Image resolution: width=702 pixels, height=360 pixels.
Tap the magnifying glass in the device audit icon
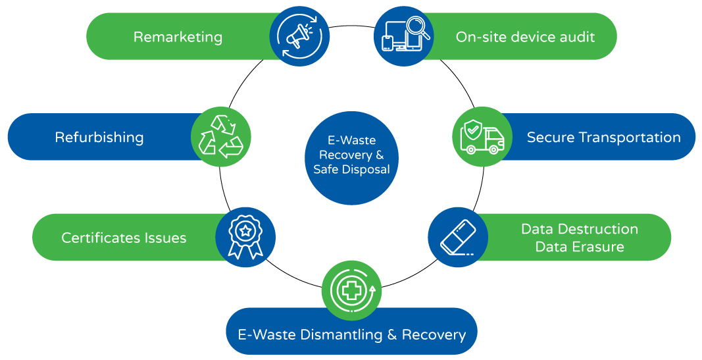[x=418, y=28]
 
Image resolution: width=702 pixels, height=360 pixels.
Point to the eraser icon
[x=457, y=238]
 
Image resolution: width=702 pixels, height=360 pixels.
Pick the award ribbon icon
[x=245, y=237]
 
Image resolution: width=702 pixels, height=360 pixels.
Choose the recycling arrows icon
[x=220, y=137]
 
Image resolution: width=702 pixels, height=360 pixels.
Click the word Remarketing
[x=178, y=37]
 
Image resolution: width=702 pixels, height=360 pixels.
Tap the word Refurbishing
[x=99, y=138]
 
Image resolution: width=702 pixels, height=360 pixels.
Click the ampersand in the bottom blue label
[x=391, y=335]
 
